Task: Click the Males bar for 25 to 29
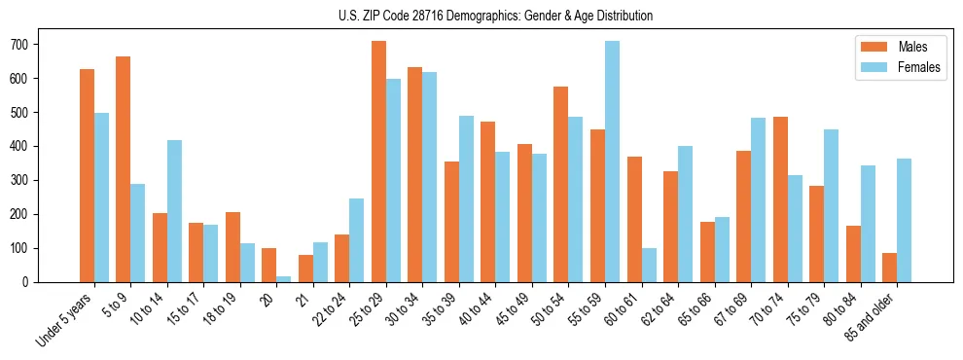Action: pos(378,162)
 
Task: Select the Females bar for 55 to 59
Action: pos(612,162)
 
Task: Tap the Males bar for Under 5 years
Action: pos(87,175)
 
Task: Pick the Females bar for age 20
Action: pos(284,278)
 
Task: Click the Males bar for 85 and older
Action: pos(889,268)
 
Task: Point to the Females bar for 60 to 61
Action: pos(649,265)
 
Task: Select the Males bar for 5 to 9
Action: pos(124,169)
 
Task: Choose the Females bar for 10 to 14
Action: pos(174,211)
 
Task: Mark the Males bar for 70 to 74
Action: pos(780,199)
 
